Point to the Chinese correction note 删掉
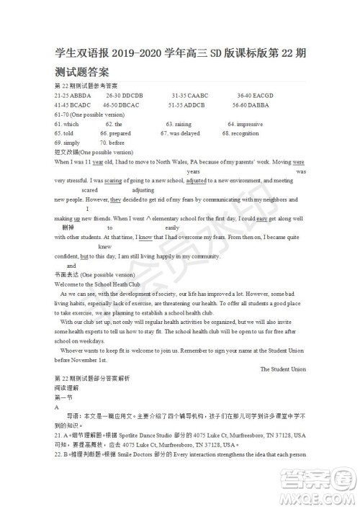[69, 228]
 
